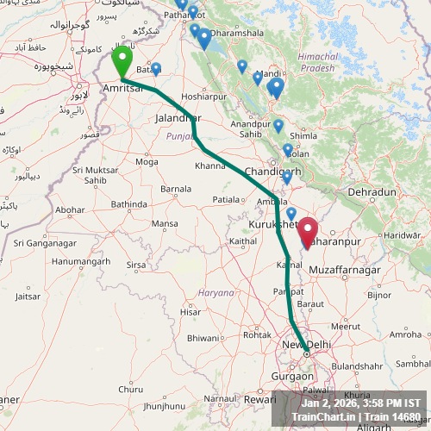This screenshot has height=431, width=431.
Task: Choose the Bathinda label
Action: point(129,204)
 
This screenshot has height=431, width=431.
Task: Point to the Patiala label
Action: point(227,199)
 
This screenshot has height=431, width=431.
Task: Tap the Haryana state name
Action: point(216,292)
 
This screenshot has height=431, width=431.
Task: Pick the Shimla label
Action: point(304,135)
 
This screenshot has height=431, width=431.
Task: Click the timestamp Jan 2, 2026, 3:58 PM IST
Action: point(361,403)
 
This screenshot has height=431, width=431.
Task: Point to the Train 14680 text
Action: point(394,416)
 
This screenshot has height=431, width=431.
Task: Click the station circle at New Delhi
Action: point(306,353)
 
